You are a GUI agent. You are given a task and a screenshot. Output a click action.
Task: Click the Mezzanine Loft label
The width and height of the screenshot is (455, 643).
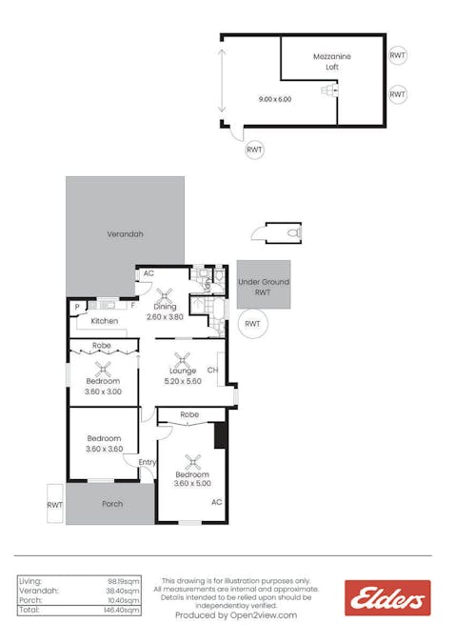tap(332, 62)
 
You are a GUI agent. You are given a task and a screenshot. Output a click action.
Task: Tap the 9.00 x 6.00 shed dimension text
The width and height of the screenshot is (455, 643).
tap(275, 99)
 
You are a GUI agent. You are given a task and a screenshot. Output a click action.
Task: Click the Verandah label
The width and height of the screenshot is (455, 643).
tap(125, 233)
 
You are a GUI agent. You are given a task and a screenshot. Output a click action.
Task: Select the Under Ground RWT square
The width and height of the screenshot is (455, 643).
tap(264, 287)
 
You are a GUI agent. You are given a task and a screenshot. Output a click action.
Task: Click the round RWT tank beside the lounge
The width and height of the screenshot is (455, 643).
tap(252, 325)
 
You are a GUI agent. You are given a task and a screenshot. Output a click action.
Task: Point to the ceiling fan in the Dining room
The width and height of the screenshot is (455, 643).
tap(166, 295)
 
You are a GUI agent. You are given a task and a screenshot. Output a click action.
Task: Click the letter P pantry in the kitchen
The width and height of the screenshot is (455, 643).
tap(76, 307)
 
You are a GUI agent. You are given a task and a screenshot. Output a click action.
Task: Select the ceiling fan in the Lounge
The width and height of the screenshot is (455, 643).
tap(184, 360)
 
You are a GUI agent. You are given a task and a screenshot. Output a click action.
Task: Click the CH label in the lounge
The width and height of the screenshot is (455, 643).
tap(212, 371)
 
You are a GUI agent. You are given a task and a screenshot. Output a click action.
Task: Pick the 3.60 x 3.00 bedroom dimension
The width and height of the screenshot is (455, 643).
tap(104, 391)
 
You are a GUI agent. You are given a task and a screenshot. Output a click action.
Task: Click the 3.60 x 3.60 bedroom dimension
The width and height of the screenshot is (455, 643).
tap(104, 449)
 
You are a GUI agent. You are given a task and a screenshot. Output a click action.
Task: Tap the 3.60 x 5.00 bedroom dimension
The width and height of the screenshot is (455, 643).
tap(193, 483)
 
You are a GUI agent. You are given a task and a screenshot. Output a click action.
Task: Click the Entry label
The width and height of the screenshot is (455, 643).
tap(147, 462)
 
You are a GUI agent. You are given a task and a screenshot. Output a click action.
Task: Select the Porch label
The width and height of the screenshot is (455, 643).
tap(112, 504)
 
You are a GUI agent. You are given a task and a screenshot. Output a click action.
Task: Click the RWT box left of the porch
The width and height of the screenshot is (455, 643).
tap(55, 505)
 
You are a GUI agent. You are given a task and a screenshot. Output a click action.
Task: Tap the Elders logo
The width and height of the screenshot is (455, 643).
tap(387, 597)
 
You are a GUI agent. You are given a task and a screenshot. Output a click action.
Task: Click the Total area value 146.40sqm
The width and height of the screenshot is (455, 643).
tap(124, 611)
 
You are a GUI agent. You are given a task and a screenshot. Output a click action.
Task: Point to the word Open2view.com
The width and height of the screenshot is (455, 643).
tap(264, 615)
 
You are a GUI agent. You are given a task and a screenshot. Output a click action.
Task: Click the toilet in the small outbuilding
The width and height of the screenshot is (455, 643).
tap(293, 232)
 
